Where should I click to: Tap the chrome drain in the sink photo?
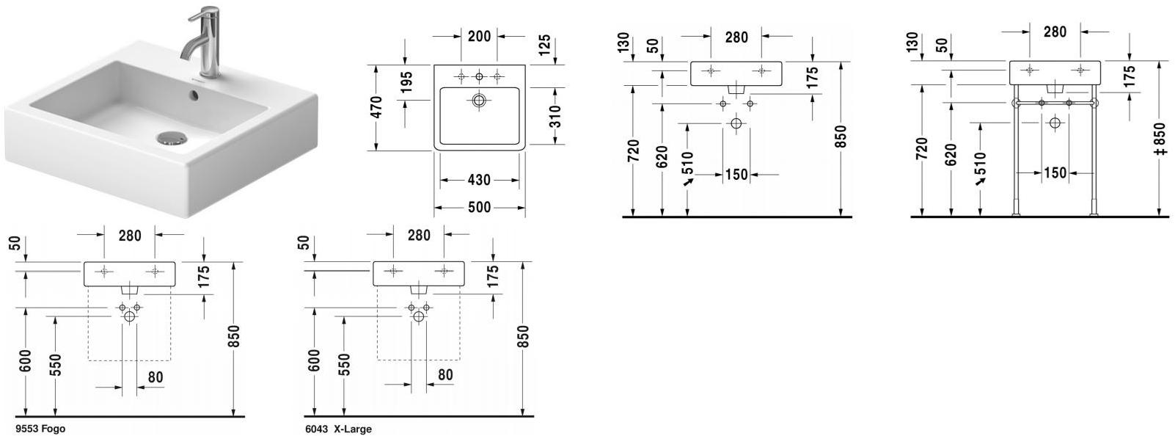(x=172, y=137)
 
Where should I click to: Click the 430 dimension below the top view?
(x=479, y=180)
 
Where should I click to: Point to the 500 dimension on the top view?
(x=479, y=208)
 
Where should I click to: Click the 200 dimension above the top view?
(x=479, y=35)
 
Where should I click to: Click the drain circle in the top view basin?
(x=479, y=101)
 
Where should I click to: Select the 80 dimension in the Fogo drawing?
(x=155, y=377)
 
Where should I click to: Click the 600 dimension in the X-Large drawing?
(x=315, y=360)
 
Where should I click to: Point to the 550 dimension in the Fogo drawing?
(x=54, y=364)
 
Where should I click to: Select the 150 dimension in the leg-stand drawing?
(x=1055, y=173)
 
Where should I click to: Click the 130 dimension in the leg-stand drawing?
(x=912, y=42)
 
